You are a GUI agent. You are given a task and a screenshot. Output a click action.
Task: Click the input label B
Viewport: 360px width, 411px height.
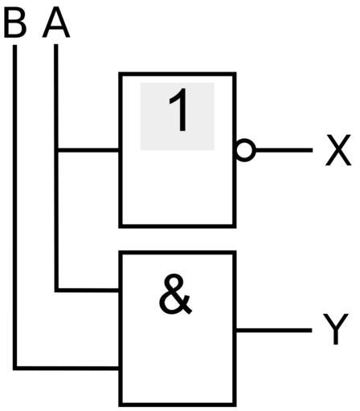[x=15, y=24]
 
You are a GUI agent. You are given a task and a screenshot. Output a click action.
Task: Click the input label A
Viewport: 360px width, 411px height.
[x=56, y=24]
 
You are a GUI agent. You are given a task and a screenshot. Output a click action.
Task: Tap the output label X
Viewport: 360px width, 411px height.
[x=338, y=150]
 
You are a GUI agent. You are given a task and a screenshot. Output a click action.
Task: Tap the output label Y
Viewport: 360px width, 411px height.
[x=336, y=329]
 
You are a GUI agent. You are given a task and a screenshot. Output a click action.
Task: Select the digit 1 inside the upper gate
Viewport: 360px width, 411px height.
[x=179, y=110]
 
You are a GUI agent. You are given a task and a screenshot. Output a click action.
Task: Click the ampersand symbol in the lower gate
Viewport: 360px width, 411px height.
[x=175, y=294]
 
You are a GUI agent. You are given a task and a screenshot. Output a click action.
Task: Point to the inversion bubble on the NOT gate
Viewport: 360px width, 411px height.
[x=245, y=150]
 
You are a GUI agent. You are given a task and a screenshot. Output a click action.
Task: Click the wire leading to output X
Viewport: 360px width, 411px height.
[x=284, y=150]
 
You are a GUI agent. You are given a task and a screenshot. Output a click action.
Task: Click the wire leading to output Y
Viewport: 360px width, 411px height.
[x=274, y=331]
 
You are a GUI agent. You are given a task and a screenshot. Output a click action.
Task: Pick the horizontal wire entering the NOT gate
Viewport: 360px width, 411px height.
[x=88, y=150]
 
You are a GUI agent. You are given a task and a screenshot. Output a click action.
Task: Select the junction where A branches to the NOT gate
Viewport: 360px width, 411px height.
[x=56, y=150]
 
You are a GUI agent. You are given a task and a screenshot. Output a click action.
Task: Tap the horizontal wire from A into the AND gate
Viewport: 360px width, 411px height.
[x=88, y=290]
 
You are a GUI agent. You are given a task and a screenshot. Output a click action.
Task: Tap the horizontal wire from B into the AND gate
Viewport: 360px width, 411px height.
[x=67, y=368]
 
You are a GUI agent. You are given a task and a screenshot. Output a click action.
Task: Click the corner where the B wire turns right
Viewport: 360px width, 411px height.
[x=15, y=368]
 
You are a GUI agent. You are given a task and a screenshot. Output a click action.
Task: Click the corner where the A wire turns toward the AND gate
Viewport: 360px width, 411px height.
[x=56, y=290]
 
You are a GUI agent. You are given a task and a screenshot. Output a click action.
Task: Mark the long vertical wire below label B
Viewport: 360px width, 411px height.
[x=15, y=206]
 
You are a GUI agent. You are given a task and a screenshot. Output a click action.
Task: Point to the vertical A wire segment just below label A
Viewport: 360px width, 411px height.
[x=56, y=96]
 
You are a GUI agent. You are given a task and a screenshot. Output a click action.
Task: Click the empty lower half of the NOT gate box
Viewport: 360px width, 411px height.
[x=178, y=187]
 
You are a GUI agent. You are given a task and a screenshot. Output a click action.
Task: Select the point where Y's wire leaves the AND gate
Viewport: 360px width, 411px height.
[x=235, y=331]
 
